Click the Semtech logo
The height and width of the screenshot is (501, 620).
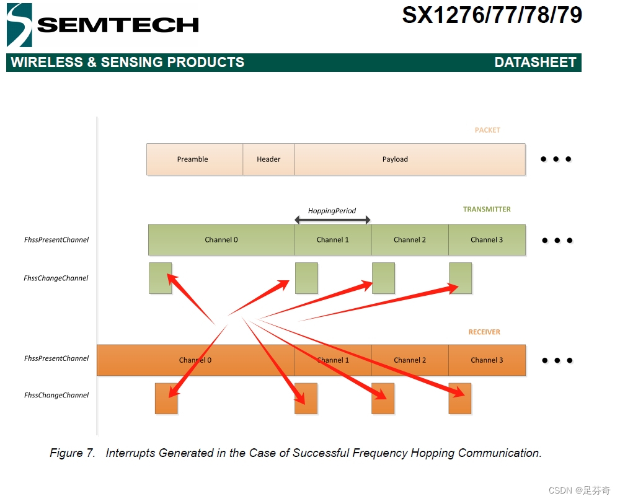(x=102, y=25)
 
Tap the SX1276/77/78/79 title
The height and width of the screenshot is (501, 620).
(x=492, y=15)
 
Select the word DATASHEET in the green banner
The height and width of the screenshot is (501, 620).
(x=535, y=62)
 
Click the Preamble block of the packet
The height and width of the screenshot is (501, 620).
(x=193, y=159)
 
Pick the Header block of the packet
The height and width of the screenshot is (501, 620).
(x=268, y=159)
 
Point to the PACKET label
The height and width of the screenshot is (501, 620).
(x=487, y=130)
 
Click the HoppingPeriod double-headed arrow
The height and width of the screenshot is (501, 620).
(x=332, y=219)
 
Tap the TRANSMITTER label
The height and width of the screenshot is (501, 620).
(x=487, y=210)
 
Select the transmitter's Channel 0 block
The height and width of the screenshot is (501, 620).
(x=221, y=240)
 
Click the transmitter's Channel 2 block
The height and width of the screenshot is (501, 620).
(x=410, y=240)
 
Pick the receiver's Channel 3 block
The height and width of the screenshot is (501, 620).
(x=487, y=360)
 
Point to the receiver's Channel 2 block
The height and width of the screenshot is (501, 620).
(x=410, y=360)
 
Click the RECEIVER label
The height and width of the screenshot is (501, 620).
(x=484, y=332)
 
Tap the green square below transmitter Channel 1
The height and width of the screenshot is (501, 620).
(x=306, y=278)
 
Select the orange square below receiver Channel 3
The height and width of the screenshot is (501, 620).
(x=460, y=399)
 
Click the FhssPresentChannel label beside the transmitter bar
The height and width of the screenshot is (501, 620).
(x=56, y=240)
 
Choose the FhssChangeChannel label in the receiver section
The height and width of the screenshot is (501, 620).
(x=56, y=395)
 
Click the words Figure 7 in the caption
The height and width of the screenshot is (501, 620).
(x=73, y=453)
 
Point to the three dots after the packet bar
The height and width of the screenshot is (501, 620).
(x=556, y=159)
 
